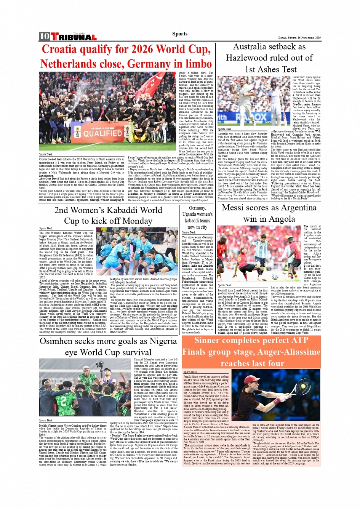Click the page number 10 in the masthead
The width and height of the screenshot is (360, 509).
click(x=44, y=37)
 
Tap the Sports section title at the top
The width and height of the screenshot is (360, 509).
click(x=180, y=34)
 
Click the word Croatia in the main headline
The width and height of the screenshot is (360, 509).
click(x=59, y=49)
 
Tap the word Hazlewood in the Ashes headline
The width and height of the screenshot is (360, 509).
click(x=247, y=58)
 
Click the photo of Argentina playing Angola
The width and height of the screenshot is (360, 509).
click(x=259, y=253)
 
